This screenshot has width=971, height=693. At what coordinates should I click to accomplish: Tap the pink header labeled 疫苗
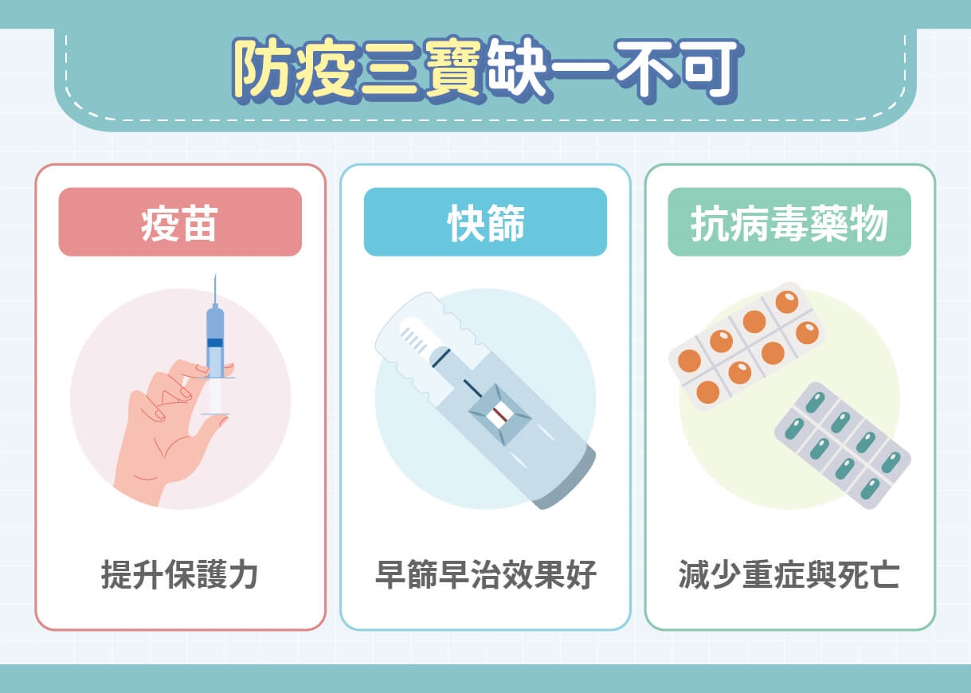[180, 222]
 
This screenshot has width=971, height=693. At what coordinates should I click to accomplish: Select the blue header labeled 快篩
[485, 222]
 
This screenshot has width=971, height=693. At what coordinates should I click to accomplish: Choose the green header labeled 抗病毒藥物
[789, 222]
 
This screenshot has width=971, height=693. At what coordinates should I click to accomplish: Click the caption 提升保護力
[180, 574]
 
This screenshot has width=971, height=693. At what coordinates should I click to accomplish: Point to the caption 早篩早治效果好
[485, 574]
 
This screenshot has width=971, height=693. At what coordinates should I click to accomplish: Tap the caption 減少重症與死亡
[789, 574]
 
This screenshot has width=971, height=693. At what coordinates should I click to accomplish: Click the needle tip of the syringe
[215, 276]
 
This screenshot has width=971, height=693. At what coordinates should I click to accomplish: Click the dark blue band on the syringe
[215, 343]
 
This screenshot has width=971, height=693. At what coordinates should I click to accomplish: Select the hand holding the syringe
[163, 430]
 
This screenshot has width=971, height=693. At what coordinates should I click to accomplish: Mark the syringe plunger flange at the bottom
[215, 413]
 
